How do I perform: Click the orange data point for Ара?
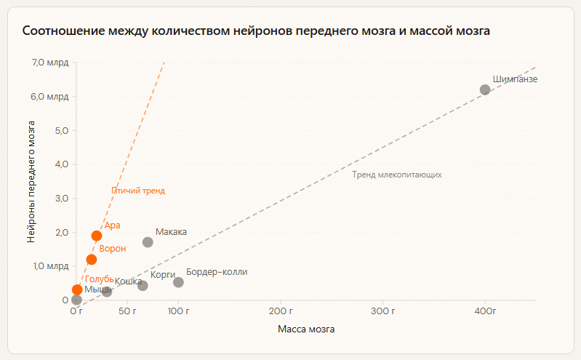click(97, 236)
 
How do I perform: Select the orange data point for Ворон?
click(92, 260)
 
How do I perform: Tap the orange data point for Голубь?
click(78, 289)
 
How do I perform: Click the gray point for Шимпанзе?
click(485, 89)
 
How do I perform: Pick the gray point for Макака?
click(148, 242)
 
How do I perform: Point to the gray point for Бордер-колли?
click(178, 282)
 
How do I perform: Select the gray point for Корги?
click(143, 286)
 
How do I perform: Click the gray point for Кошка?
click(107, 292)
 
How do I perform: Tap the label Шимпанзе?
click(515, 79)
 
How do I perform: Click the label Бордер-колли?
click(217, 272)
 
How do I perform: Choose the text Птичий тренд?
click(138, 191)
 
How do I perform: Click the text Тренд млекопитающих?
click(397, 175)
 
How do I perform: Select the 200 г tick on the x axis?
click(281, 311)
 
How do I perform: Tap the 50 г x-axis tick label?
click(128, 311)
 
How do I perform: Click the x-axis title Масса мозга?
click(306, 329)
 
